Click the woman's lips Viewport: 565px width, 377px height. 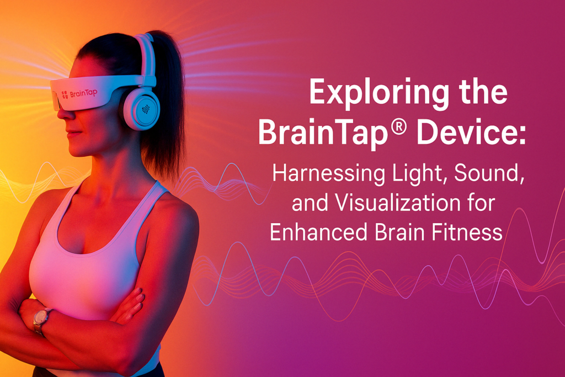[72, 133]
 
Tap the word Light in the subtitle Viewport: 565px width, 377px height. [419, 174]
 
